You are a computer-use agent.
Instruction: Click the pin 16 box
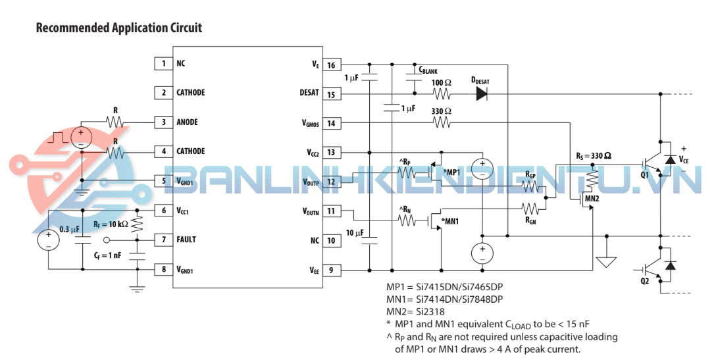[330, 64]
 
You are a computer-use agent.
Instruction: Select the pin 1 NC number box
[164, 64]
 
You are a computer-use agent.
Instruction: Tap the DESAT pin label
[309, 93]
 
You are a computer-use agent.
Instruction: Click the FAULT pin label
[186, 240]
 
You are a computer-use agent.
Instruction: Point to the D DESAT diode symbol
[482, 94]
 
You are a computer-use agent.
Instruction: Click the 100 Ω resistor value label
[441, 83]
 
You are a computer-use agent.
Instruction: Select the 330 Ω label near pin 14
[441, 111]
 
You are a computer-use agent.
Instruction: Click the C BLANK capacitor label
[428, 70]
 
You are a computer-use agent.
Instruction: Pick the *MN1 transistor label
[450, 221]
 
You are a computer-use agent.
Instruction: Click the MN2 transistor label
[592, 197]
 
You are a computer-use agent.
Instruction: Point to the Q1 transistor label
[644, 176]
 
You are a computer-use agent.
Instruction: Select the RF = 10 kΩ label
[111, 224]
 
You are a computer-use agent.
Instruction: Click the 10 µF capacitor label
[354, 232]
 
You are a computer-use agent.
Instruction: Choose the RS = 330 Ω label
[593, 156]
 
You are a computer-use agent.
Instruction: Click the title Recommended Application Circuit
[118, 28]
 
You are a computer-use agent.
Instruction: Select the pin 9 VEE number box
[330, 269]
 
